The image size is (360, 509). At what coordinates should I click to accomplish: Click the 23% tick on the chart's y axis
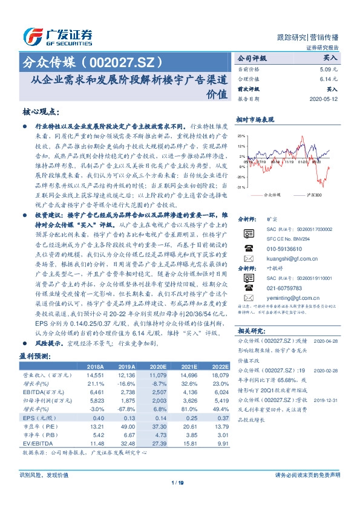coord(241,136)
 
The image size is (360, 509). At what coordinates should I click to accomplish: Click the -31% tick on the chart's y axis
coord(241,187)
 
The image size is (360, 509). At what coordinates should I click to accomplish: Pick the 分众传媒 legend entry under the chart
coord(273,195)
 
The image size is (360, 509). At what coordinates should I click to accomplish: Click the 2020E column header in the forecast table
coord(157,367)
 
